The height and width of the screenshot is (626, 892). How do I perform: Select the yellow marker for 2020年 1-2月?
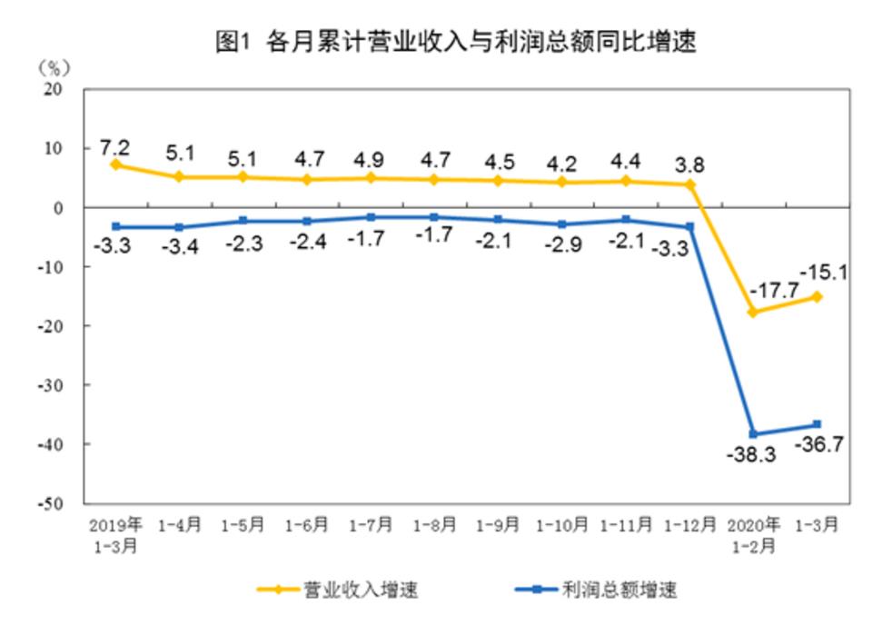tap(753, 312)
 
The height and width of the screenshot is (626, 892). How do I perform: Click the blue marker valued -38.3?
tap(753, 433)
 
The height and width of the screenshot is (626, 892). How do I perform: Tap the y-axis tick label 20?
tap(54, 90)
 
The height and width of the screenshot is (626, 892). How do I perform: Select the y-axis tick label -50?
tap(50, 503)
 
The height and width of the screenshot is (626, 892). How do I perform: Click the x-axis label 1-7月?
tap(372, 525)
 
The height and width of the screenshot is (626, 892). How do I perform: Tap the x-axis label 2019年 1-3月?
tap(116, 533)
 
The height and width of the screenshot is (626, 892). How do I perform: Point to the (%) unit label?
tap(55, 67)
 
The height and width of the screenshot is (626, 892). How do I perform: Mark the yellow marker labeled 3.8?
tap(689, 184)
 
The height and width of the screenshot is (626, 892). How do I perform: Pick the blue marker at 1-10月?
tap(562, 224)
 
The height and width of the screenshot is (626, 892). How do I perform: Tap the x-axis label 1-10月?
tap(562, 525)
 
